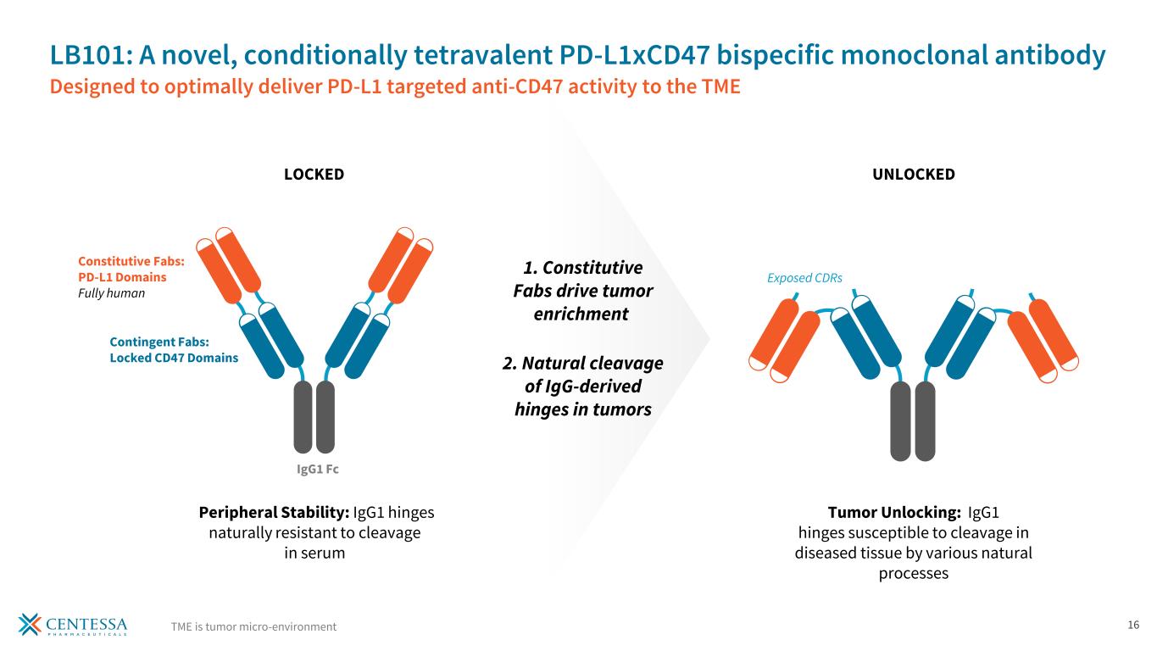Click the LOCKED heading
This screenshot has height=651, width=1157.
click(313, 175)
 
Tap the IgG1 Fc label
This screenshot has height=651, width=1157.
click(314, 468)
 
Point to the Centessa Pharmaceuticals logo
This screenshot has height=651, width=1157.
click(73, 624)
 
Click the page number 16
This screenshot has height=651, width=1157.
click(1132, 626)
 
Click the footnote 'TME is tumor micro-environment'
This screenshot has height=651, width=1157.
click(253, 626)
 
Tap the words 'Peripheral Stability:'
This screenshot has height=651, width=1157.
click(274, 513)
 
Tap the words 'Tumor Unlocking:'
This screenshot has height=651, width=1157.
click(893, 513)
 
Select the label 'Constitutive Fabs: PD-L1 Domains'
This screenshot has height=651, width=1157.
click(123, 270)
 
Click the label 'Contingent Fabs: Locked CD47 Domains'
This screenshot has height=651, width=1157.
click(173, 349)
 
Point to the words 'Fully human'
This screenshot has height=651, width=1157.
click(112, 293)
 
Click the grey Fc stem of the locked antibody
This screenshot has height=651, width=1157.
click(314, 417)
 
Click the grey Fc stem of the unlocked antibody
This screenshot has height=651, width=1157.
click(912, 421)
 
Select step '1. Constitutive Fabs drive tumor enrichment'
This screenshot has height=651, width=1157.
click(582, 291)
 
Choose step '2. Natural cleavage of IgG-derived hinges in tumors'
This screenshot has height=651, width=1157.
click(582, 386)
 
